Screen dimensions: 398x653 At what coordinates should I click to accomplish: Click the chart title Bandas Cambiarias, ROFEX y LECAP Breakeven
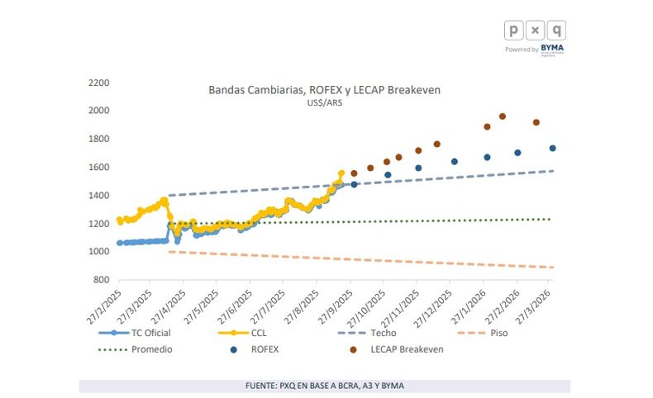[x=324, y=89]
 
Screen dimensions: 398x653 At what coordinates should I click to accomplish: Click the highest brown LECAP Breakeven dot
[x=503, y=116]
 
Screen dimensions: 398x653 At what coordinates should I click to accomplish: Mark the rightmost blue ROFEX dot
[x=552, y=149]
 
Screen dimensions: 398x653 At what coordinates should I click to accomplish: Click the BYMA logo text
[x=553, y=49]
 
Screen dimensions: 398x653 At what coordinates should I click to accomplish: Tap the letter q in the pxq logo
[x=558, y=30]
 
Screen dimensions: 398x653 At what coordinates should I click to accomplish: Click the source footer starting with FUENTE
[x=324, y=386]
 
